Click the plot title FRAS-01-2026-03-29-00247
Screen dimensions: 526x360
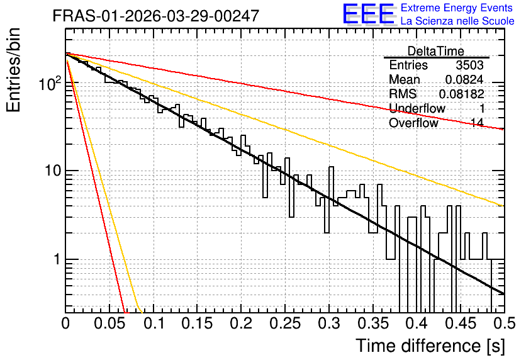point(156,16)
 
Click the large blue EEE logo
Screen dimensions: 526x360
point(368,14)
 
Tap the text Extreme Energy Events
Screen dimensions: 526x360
point(457,8)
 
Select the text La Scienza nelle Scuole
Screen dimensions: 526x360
point(457,21)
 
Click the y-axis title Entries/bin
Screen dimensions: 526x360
point(13,70)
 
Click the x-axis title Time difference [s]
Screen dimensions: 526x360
point(430,346)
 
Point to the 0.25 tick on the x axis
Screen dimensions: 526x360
point(285,323)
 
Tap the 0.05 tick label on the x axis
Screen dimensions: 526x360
point(109,323)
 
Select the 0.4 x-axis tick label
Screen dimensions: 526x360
point(417,323)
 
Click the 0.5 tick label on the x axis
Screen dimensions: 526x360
point(504,323)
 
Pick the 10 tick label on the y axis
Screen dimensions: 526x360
point(53,171)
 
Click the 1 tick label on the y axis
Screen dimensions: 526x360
point(56,259)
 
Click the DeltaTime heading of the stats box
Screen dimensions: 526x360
point(436,51)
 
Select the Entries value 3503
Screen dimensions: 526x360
point(469,65)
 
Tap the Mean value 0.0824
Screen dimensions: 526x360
point(464,79)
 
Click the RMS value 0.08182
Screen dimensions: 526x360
point(462,94)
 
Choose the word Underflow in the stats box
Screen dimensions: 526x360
point(417,108)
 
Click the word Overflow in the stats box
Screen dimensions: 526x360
point(413,123)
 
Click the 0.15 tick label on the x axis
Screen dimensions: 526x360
point(198,323)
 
